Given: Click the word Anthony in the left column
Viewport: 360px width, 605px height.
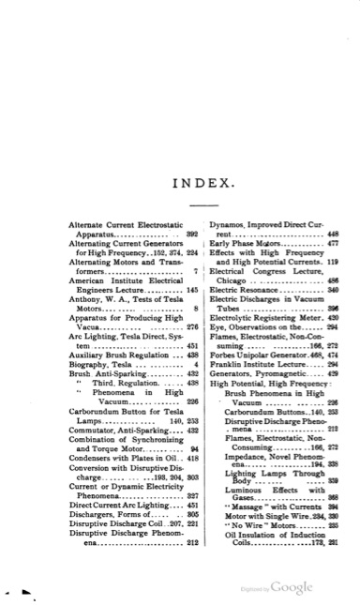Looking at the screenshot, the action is click(x=84, y=296).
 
